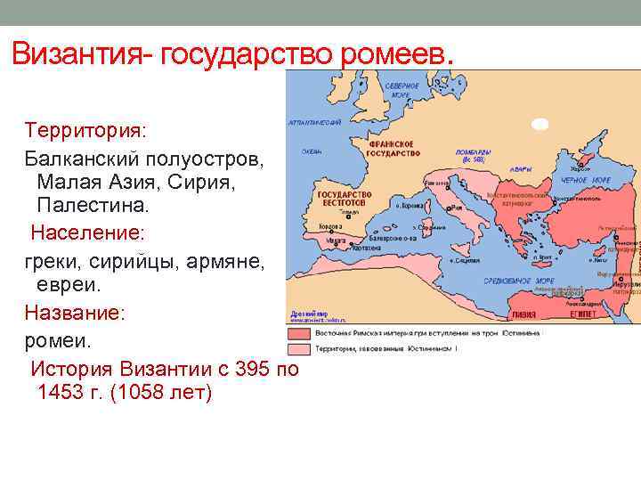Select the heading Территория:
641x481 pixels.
[90, 131]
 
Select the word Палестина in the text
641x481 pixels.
[94, 205]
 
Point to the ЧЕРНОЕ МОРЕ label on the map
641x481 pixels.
[585, 181]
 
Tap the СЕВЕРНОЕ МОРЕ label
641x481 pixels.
[402, 90]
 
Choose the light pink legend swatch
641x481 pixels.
[300, 347]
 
